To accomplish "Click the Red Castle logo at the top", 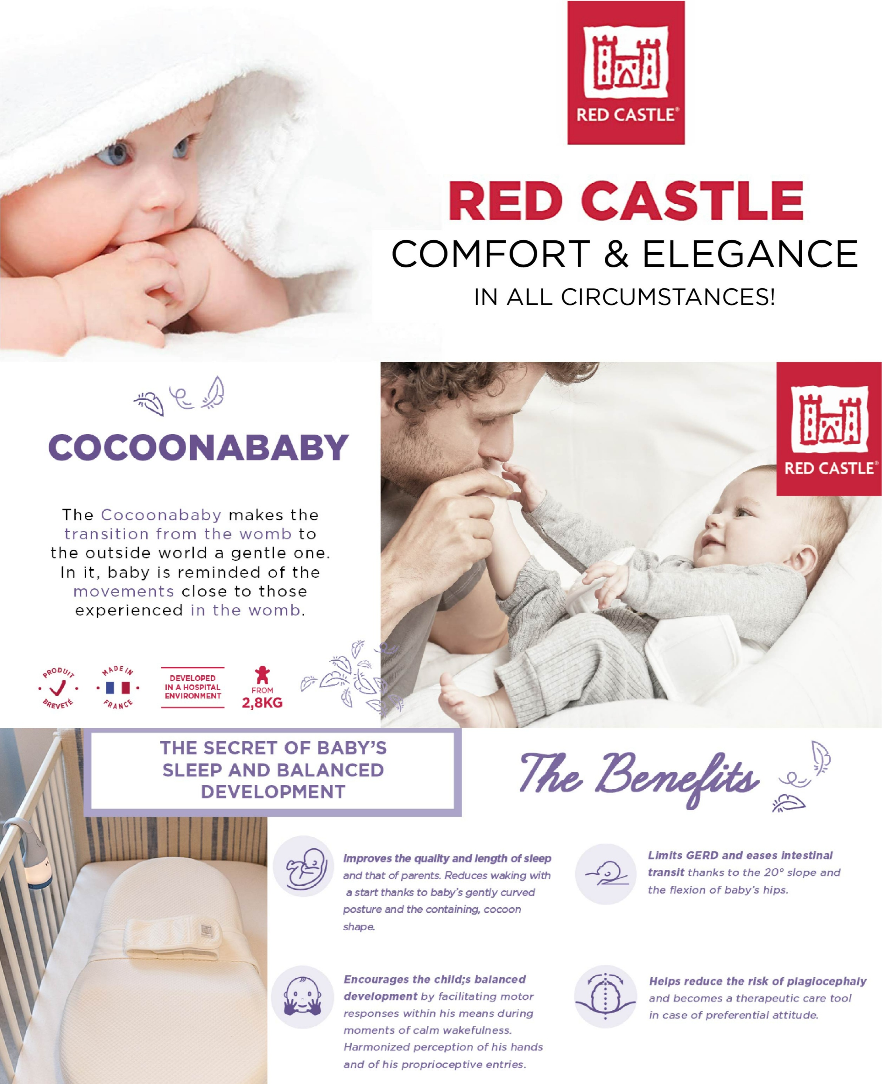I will pyautogui.click(x=626, y=72).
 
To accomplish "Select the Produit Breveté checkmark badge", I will pyautogui.click(x=58, y=689).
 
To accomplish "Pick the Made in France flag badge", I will pyautogui.click(x=118, y=688).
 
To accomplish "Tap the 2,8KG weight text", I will pyautogui.click(x=262, y=703).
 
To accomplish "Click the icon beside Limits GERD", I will pyautogui.click(x=606, y=873).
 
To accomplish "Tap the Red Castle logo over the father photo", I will pyautogui.click(x=829, y=429).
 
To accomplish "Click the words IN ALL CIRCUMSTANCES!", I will pyautogui.click(x=624, y=297).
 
